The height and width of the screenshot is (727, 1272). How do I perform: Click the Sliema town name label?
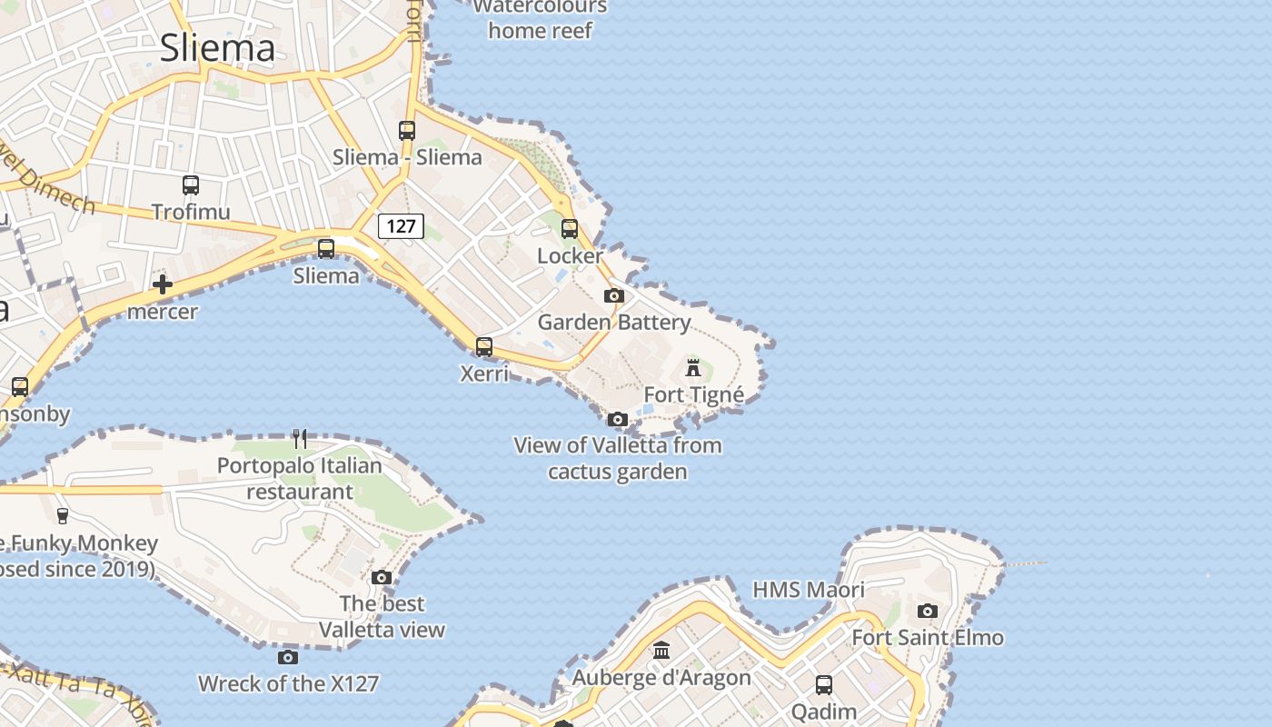pyautogui.click(x=217, y=48)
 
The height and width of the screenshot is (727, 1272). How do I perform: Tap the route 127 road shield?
pyautogui.click(x=401, y=226)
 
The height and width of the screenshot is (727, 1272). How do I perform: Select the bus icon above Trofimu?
pyautogui.click(x=191, y=185)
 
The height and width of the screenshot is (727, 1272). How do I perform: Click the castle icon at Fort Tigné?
pyautogui.click(x=693, y=368)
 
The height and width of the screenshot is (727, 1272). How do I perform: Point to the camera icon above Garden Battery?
pyautogui.click(x=614, y=295)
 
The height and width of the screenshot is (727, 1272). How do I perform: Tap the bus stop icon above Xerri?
pyautogui.click(x=484, y=346)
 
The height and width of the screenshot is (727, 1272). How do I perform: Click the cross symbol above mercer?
pyautogui.click(x=163, y=284)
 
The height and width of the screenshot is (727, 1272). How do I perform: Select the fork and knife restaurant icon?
pyautogui.click(x=300, y=439)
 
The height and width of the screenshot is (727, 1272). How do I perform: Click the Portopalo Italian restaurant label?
pyautogui.click(x=300, y=479)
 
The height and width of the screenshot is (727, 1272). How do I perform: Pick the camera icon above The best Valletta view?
pyautogui.click(x=382, y=577)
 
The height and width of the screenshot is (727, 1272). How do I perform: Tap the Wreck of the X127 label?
pyautogui.click(x=288, y=683)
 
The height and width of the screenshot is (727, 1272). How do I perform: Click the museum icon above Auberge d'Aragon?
pyautogui.click(x=661, y=651)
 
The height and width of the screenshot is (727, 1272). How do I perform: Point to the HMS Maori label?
pyautogui.click(x=809, y=590)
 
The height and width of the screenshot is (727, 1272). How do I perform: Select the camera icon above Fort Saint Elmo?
pyautogui.click(x=927, y=611)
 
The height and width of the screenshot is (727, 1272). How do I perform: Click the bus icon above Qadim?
pyautogui.click(x=824, y=685)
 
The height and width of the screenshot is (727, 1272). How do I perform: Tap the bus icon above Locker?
pyautogui.click(x=570, y=229)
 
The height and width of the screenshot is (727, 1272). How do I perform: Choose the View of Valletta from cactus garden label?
pyautogui.click(x=618, y=458)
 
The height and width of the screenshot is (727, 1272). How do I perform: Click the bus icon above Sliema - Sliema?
pyautogui.click(x=407, y=131)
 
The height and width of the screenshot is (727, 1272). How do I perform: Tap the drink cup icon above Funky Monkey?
pyautogui.click(x=62, y=516)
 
